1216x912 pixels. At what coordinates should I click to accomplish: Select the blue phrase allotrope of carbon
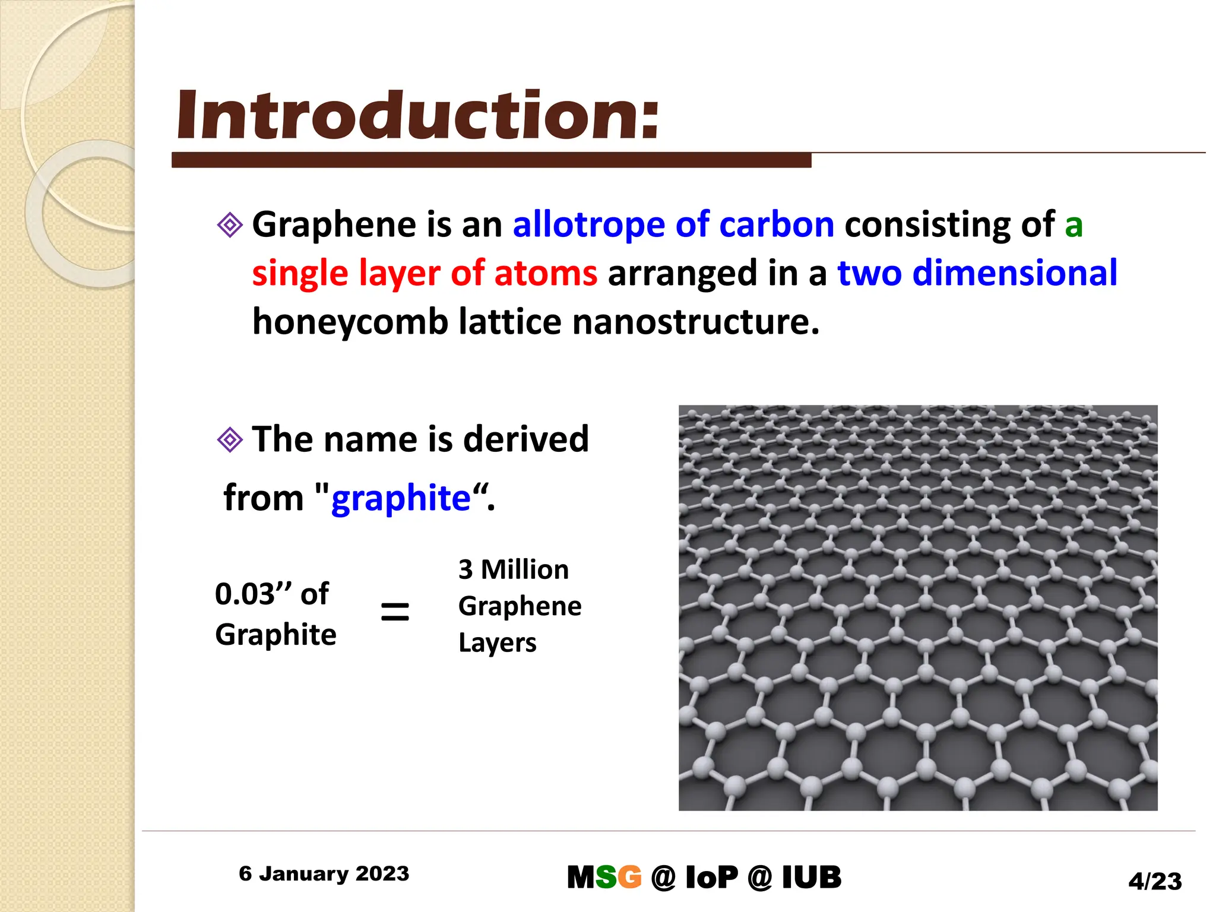point(673,225)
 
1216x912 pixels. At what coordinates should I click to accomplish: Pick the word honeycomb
point(350,322)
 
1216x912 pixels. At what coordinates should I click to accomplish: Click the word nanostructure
point(695,322)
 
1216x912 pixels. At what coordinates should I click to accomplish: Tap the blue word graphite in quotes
point(401,498)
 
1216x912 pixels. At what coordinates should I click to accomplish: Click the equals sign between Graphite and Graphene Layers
point(395,612)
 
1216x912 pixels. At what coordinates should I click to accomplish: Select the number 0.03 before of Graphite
point(245,594)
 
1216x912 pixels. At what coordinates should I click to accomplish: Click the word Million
point(524,570)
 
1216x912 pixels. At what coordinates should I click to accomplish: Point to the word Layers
point(497,643)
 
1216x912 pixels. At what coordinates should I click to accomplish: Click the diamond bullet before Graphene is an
point(230,225)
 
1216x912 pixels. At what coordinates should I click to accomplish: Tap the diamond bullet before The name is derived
point(230,440)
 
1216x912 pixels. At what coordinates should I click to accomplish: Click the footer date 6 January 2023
point(324,874)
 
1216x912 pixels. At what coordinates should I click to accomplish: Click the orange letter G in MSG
point(629,878)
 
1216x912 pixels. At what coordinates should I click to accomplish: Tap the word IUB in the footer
point(811,878)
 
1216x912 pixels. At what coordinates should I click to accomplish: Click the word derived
point(525,440)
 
